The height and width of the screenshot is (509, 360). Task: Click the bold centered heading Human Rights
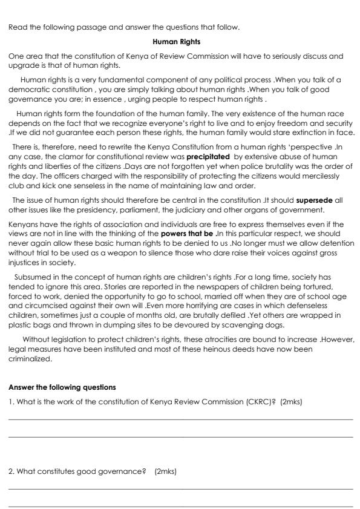tap(180, 42)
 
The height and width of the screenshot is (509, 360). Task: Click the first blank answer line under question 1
tap(180, 419)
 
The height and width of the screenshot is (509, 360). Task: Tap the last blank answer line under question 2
tap(180, 506)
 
